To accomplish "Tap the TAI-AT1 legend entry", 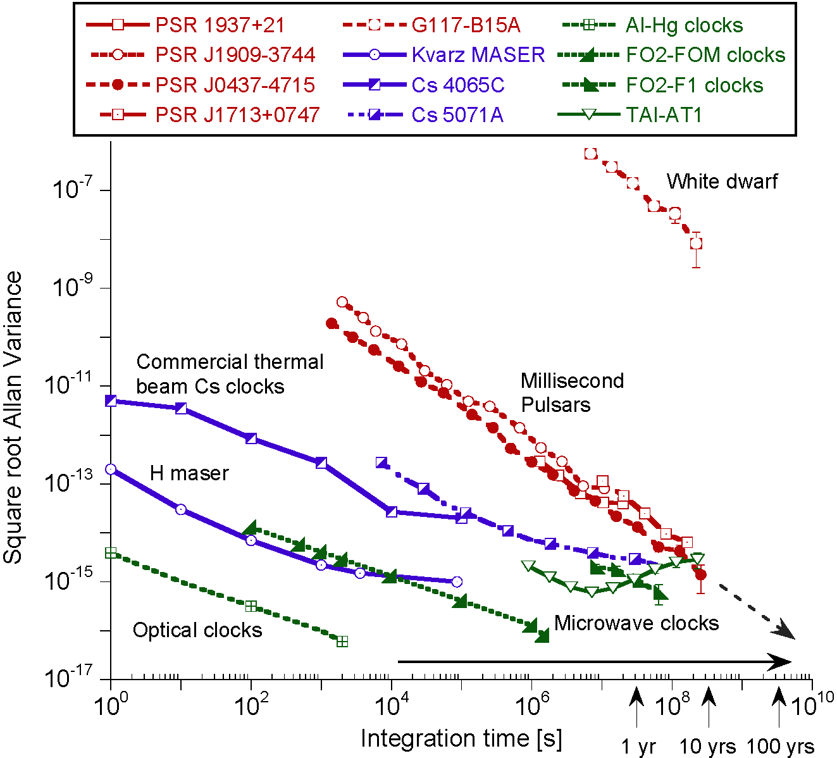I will coord(664,115).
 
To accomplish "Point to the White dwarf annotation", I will coord(722,182).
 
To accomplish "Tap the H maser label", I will coord(189,473).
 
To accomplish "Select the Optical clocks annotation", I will coord(197,630).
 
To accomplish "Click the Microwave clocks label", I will coord(636,623).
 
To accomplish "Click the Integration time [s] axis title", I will coord(461,738).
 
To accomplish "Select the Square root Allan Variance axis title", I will coord(14,418).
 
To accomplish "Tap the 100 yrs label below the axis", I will coord(780,747).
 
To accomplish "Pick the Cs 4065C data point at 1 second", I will coord(111,401).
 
